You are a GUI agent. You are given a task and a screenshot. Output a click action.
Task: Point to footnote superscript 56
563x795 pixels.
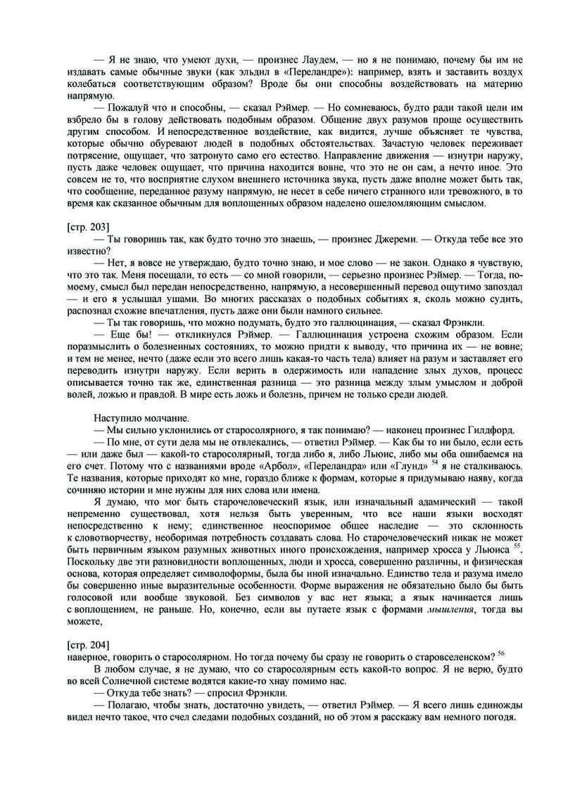tap(500, 652)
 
